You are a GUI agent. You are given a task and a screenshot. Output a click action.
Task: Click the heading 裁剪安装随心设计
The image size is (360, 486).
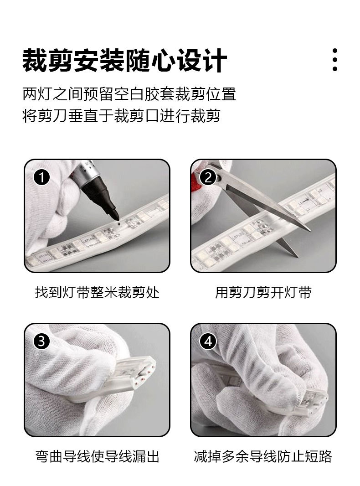[x=124, y=60]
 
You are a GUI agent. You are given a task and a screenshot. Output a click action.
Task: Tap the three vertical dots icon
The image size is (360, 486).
[x=334, y=60]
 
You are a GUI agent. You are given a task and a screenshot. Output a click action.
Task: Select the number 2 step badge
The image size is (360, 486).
[x=208, y=178]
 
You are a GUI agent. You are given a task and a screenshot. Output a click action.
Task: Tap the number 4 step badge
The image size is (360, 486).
[x=208, y=341]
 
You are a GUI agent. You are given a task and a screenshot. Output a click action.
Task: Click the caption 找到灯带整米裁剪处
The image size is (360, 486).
[x=97, y=292]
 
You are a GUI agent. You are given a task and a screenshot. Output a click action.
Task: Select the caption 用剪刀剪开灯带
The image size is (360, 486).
[x=263, y=292]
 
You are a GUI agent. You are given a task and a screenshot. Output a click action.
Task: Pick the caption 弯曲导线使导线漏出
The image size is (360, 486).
[x=97, y=456]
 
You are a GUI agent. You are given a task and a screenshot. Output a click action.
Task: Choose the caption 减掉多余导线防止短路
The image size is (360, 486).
[x=263, y=456]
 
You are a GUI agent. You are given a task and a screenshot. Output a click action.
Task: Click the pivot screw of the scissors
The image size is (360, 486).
[x=219, y=178]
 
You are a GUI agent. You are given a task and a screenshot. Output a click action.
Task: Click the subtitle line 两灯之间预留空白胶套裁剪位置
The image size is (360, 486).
[x=129, y=94]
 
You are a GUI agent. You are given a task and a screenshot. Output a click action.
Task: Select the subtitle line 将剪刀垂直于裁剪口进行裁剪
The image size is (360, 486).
[x=122, y=116]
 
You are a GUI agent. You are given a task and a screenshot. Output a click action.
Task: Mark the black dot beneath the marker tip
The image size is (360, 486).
[x=118, y=223]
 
